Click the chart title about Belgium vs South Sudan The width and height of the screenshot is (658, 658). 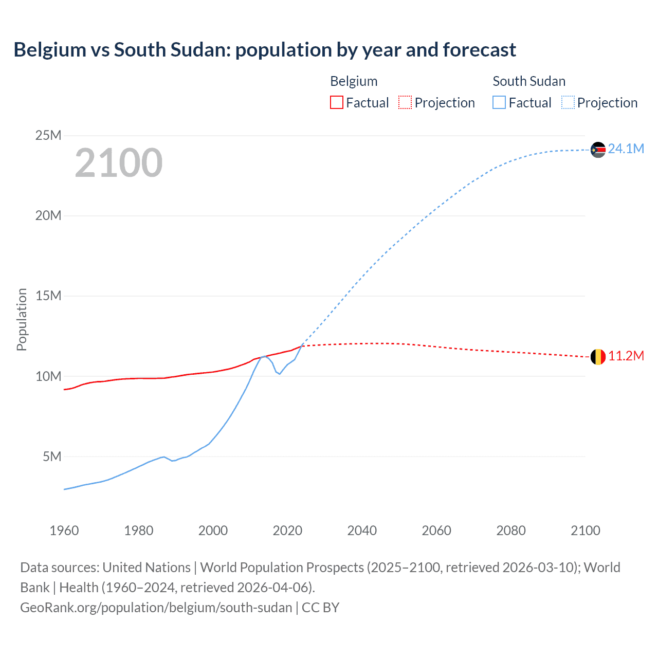(x=265, y=50)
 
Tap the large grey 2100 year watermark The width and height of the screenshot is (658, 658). (x=119, y=163)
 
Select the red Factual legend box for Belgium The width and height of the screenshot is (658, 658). (x=336, y=102)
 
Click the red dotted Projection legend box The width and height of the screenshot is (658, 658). (x=405, y=102)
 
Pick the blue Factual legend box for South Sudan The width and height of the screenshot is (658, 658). (x=499, y=102)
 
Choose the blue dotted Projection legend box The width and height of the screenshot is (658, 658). (x=568, y=102)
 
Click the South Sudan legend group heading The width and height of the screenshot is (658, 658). (x=529, y=81)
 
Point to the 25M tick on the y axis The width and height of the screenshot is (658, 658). (x=48, y=135)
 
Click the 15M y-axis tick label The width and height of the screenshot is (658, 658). (x=48, y=296)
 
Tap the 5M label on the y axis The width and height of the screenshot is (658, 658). (x=52, y=456)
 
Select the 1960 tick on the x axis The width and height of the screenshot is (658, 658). (x=64, y=531)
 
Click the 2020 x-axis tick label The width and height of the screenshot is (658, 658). (x=287, y=531)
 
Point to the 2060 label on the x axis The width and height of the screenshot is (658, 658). (x=436, y=531)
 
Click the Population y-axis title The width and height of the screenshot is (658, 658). (x=22, y=319)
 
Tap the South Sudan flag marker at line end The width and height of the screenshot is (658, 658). (x=598, y=150)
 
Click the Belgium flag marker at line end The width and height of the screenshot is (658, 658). (x=598, y=357)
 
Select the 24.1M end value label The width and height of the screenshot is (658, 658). (x=626, y=149)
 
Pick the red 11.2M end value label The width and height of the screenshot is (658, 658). (x=626, y=356)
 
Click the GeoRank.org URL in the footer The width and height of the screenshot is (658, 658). (x=156, y=608)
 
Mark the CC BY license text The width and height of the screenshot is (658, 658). (x=320, y=608)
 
